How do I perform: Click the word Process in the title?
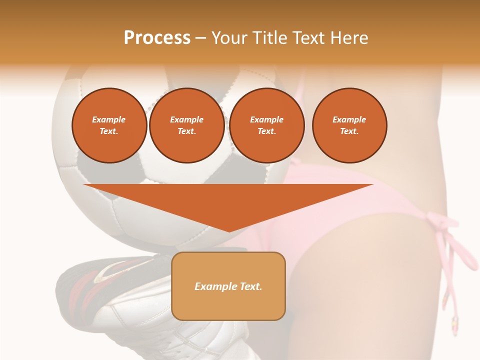pyautogui.click(x=157, y=38)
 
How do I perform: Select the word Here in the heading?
pyautogui.click(x=348, y=38)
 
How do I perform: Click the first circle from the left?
pyautogui.click(x=109, y=125)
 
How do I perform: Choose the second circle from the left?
pyautogui.click(x=186, y=125)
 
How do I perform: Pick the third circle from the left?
pyautogui.click(x=266, y=125)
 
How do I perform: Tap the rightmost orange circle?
pyautogui.click(x=349, y=125)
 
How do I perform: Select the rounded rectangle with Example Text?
pyautogui.click(x=228, y=286)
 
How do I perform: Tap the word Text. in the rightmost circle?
pyautogui.click(x=349, y=131)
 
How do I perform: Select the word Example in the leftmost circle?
pyautogui.click(x=109, y=119)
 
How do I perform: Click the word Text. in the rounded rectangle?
pyautogui.click(x=250, y=286)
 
